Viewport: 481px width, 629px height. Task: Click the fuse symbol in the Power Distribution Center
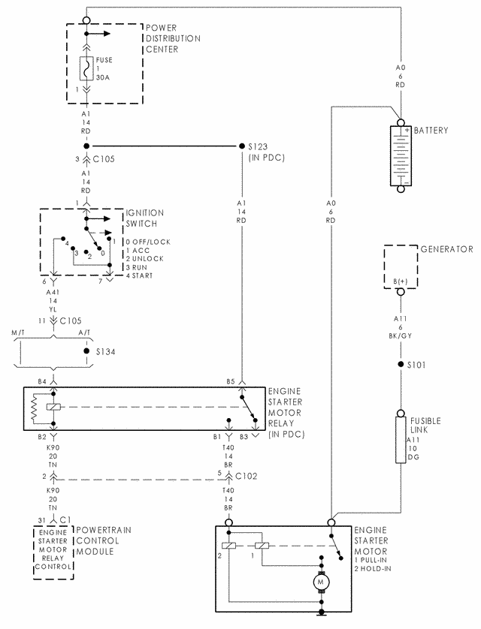pos(86,68)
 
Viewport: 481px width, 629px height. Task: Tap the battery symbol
pos(401,155)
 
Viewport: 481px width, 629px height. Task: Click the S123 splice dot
pos(242,146)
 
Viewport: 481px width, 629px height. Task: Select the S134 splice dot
pos(86,351)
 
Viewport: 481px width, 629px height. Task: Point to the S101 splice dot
pos(401,364)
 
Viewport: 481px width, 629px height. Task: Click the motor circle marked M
pos(321,582)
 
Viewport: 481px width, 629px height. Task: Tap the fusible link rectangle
pos(401,440)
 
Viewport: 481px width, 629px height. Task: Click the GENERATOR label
pos(447,249)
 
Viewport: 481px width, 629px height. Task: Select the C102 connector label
pos(246,476)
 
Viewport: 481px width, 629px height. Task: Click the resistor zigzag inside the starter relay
pos(34,409)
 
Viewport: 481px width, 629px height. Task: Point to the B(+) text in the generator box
pos(401,281)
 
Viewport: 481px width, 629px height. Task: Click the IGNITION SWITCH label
pos(145,218)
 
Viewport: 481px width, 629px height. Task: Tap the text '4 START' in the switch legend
pos(139,275)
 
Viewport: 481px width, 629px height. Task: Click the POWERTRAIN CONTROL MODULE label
pos(104,540)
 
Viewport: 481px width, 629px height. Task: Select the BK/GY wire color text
pos(401,336)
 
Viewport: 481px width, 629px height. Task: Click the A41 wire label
pos(53,293)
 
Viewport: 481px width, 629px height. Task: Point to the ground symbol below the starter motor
pos(321,612)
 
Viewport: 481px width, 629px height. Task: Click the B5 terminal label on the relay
pos(231,381)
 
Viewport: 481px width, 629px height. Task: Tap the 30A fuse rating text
pos(103,77)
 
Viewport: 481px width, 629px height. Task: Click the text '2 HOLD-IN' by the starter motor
pos(373,568)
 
